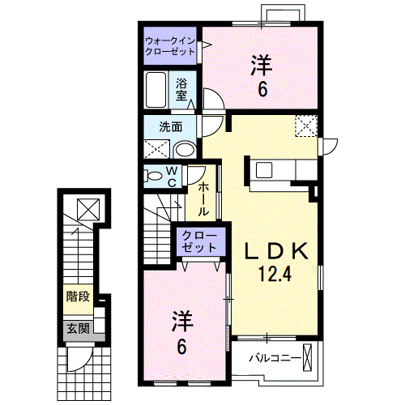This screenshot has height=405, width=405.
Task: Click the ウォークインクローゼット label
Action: [x=170, y=45]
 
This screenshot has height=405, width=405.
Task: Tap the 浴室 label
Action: [x=182, y=88]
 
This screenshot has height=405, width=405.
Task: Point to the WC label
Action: [x=172, y=177]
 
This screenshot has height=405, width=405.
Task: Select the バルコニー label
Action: [x=275, y=357]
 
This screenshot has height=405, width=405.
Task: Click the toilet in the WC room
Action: [x=154, y=176]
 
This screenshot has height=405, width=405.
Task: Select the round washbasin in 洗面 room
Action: [x=185, y=149]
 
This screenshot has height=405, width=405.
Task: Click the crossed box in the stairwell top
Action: [x=87, y=208]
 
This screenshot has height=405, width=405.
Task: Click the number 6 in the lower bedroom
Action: [x=182, y=347]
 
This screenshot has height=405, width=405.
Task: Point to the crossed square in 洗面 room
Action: [x=157, y=149]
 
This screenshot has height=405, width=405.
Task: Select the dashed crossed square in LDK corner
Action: [x=305, y=126]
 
